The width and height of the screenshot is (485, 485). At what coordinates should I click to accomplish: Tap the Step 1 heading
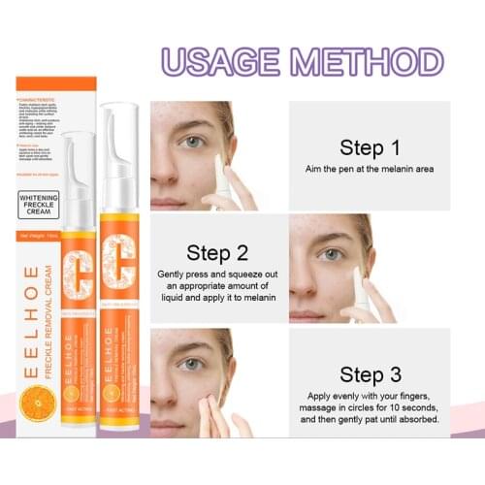point(370,148)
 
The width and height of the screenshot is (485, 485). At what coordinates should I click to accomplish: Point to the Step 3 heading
point(369,374)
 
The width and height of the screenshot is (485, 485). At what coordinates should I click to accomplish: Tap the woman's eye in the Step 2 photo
point(333,254)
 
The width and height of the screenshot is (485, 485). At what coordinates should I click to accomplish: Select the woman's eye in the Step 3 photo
point(190,366)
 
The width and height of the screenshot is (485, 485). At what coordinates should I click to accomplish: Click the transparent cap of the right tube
point(118,145)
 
